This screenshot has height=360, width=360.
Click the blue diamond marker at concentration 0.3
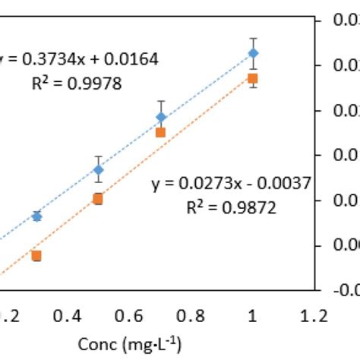(36, 216)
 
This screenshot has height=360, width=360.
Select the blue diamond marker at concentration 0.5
(98, 169)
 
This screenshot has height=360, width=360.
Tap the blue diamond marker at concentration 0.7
(161, 117)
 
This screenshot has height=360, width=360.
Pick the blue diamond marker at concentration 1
(254, 53)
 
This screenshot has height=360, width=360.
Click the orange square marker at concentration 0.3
(36, 256)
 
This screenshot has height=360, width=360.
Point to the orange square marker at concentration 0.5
(98, 199)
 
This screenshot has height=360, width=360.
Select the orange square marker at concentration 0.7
(161, 132)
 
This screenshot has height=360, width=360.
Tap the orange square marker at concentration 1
(254, 78)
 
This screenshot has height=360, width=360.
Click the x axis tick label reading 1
(254, 316)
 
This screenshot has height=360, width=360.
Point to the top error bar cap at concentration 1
(254, 38)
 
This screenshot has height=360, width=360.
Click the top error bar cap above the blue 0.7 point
(161, 101)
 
